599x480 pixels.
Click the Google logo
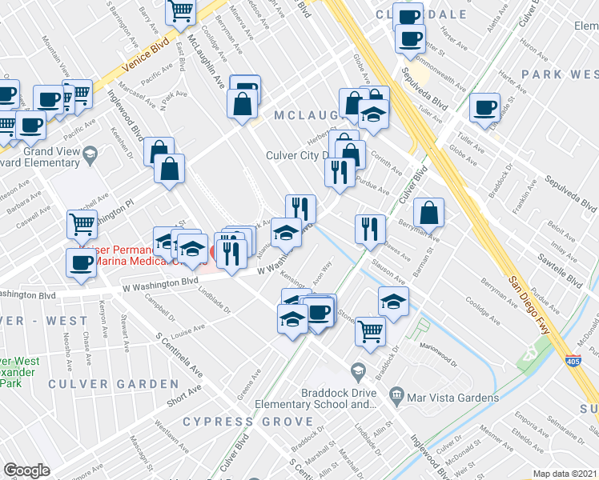point(26,470)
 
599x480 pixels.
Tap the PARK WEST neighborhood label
point(559,74)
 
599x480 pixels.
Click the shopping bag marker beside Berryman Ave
point(429,212)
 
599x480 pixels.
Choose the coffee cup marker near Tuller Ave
point(484,107)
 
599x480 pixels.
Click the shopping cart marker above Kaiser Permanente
point(82,226)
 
